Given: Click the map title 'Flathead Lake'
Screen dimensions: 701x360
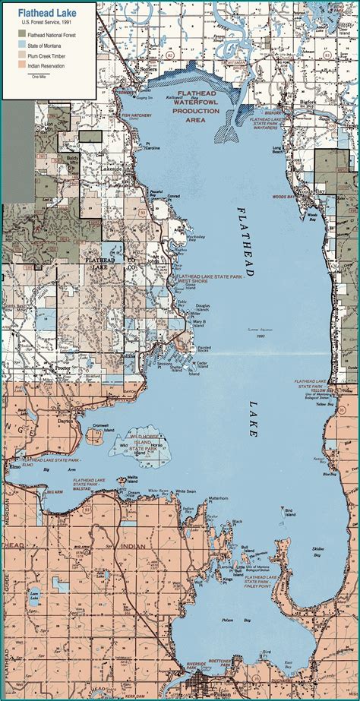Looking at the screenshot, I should click(x=44, y=13).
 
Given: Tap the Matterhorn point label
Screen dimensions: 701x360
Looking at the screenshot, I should click(x=218, y=498).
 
